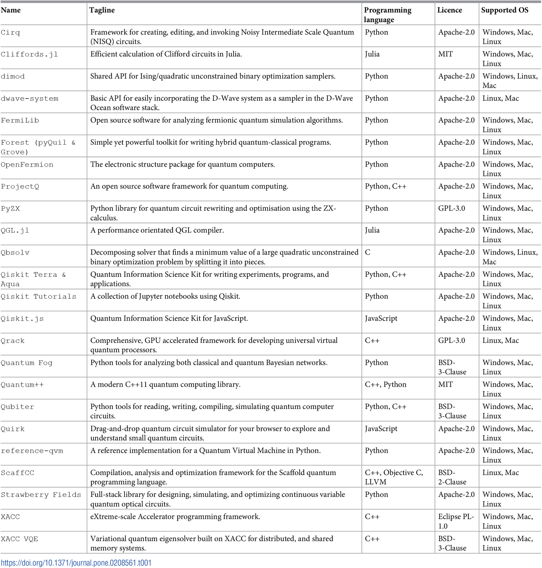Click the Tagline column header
102,10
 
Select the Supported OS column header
505,10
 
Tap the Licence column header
449,10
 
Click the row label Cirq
11,32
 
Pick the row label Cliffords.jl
29,54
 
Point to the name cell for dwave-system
29,98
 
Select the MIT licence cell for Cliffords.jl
446,54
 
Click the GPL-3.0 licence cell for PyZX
452,208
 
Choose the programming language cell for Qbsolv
368,252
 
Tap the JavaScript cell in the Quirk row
381,429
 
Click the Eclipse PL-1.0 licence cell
456,521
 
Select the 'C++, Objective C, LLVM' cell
394,477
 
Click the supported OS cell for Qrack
500,340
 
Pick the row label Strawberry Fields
41,495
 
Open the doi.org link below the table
76,563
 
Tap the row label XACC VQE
19,539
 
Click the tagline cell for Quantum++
165,385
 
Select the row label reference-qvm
32,451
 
